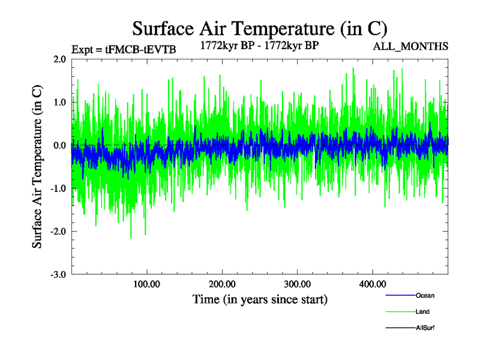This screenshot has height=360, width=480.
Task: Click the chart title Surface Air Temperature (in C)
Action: tap(260, 28)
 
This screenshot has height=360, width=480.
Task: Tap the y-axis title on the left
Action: tap(37, 167)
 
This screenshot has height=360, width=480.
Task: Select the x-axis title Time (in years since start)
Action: tap(260, 298)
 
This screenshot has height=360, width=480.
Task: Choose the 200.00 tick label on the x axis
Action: tap(222, 283)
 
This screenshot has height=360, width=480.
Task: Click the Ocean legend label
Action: tap(425, 296)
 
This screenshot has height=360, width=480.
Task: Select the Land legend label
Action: tap(422, 312)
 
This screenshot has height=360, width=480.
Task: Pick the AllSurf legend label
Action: tap(425, 328)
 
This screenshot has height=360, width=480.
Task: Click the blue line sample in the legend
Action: tap(399, 296)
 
